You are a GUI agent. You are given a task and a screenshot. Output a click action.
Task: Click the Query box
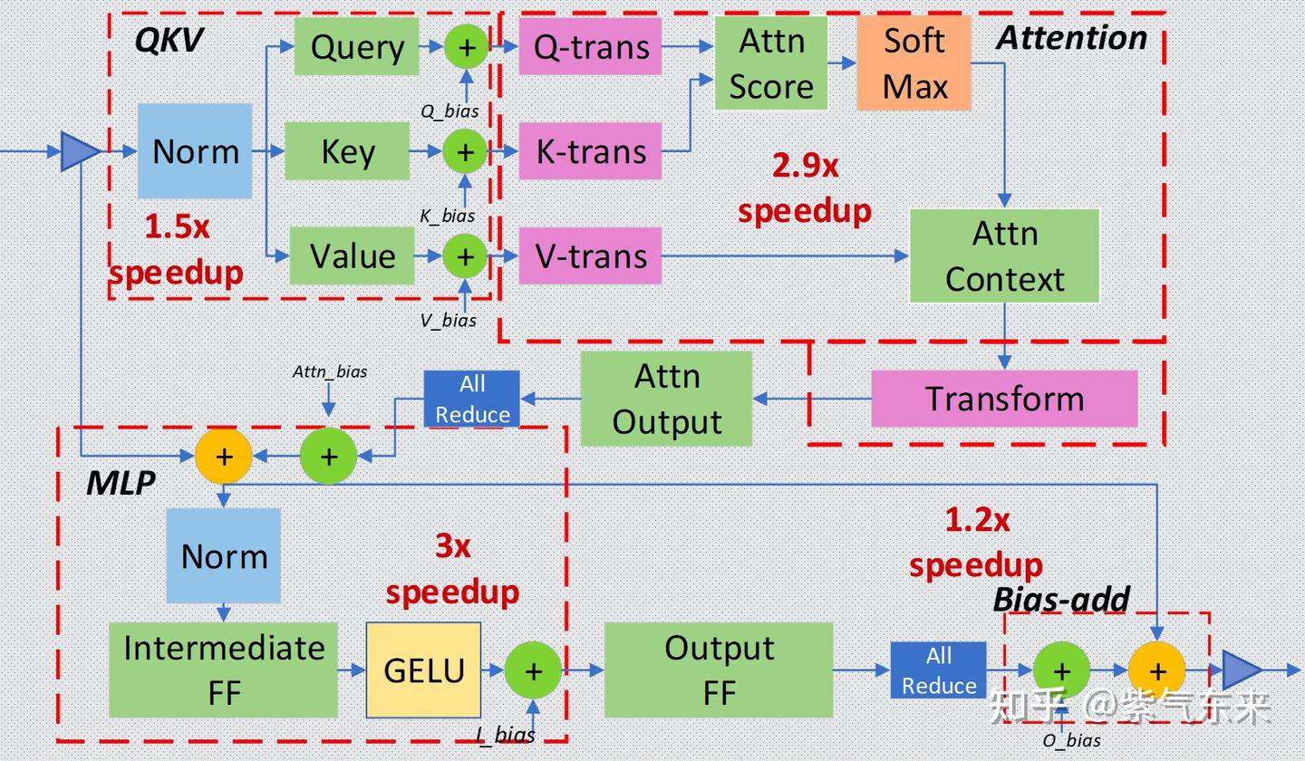(x=356, y=47)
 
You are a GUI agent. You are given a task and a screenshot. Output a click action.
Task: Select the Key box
(x=347, y=151)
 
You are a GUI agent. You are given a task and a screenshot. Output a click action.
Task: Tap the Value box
(x=352, y=256)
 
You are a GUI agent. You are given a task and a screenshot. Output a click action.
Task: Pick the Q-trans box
(x=590, y=47)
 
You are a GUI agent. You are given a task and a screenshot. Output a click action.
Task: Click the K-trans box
(x=590, y=151)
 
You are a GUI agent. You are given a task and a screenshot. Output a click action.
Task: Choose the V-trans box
(x=590, y=256)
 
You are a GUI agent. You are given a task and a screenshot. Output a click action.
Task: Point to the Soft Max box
(x=913, y=63)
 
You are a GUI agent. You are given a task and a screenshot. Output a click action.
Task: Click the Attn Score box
(x=770, y=63)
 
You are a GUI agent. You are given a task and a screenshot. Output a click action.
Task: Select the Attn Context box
(x=1004, y=256)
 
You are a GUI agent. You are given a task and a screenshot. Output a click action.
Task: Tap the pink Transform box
(x=1004, y=399)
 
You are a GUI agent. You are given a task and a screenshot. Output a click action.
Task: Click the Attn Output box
(x=666, y=399)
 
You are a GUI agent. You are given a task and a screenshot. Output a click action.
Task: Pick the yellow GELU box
(x=423, y=670)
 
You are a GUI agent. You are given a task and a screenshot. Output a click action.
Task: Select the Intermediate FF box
(x=223, y=670)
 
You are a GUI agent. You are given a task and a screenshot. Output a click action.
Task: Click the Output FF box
(x=719, y=670)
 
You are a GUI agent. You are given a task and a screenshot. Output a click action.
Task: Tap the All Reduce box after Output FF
(x=938, y=670)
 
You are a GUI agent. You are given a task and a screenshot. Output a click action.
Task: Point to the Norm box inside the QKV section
(x=195, y=151)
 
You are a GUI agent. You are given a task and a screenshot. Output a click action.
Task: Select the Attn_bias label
(x=330, y=371)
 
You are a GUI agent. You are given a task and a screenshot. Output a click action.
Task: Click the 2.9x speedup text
(x=805, y=188)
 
